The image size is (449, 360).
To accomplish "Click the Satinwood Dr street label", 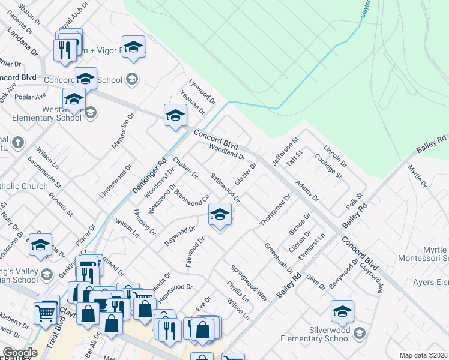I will (225, 187).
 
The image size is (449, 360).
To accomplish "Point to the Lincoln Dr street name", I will (335, 156).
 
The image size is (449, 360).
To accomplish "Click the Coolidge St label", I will (329, 167).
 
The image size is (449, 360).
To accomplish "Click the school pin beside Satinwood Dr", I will (220, 215).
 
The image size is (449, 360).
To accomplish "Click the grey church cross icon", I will (18, 143).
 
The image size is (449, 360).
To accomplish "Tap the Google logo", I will (20, 353).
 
